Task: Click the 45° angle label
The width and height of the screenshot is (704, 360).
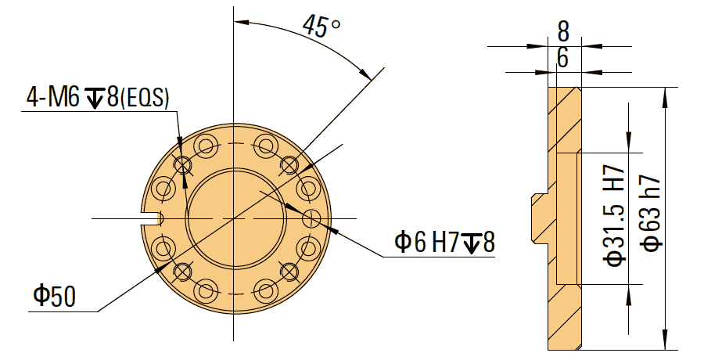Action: coord(321,27)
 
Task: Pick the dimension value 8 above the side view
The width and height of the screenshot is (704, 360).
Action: coord(562,31)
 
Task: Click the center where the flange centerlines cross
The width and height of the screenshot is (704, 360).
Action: coord(234,217)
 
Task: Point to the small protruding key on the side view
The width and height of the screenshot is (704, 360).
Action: coord(538,218)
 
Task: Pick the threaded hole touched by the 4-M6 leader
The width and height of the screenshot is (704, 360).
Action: coord(183,164)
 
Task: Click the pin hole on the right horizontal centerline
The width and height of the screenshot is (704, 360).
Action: coord(312,217)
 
